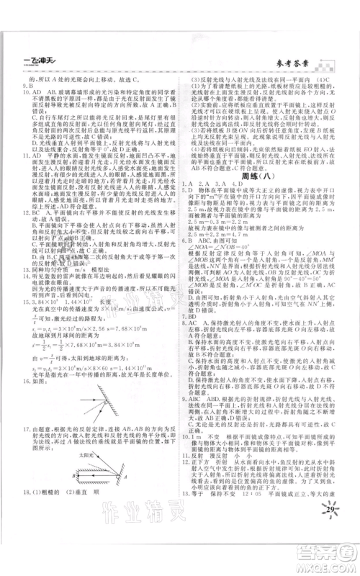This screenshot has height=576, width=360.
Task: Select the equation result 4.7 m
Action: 237,253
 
